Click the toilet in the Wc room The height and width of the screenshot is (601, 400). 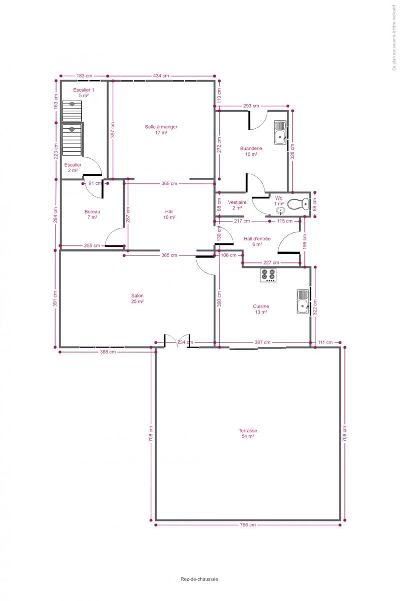298,204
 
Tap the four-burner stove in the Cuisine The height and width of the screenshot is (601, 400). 268,275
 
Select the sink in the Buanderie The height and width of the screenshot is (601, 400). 280,132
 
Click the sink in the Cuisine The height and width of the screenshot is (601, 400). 303,302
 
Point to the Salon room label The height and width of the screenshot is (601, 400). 137,298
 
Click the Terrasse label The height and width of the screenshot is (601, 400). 248,433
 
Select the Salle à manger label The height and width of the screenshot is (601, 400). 161,130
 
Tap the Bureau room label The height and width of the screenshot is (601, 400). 92,214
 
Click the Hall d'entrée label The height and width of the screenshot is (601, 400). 257,241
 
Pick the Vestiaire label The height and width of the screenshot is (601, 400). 237,205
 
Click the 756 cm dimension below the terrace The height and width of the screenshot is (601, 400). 248,525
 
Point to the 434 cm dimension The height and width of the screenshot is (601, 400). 161,76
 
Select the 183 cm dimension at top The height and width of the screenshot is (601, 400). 84,76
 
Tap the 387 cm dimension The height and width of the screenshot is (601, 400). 262,343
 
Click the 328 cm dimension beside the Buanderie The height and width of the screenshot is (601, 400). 292,152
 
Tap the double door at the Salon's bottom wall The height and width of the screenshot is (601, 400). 177,341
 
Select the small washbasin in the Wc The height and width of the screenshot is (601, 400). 281,211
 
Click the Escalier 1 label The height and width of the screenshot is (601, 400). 84,93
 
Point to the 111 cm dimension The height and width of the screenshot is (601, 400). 325,343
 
